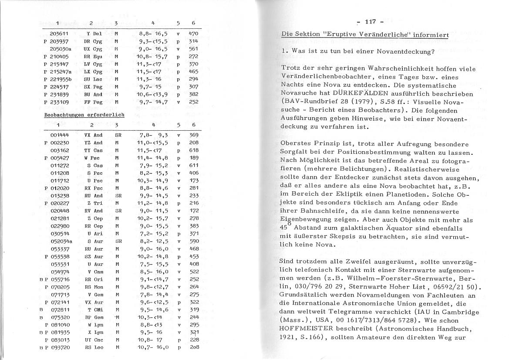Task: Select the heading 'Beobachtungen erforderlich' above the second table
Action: click(x=84, y=115)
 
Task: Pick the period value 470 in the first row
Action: click(x=194, y=33)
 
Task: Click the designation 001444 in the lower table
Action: click(x=58, y=135)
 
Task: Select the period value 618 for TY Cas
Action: click(x=194, y=150)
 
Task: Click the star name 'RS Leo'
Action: click(x=94, y=347)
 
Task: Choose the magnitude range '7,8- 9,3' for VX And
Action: click(x=153, y=135)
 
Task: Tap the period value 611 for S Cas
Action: click(x=194, y=165)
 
